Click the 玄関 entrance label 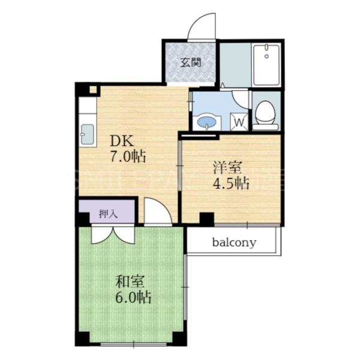click(191, 62)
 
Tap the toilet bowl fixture click(265, 114)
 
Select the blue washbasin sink click(208, 122)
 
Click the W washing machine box click(239, 122)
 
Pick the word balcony click(234, 243)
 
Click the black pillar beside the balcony click(207, 220)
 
